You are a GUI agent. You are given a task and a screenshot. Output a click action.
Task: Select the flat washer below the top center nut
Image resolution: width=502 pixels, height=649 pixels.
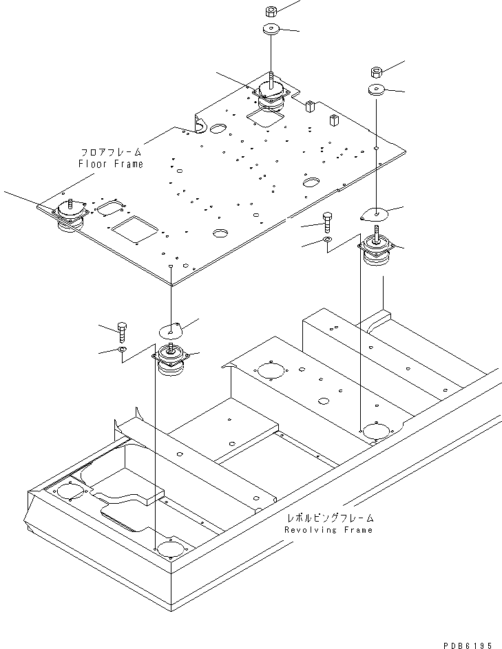(x=271, y=30)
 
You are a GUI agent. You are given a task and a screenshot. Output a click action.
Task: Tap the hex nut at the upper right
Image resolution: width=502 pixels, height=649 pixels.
(x=377, y=72)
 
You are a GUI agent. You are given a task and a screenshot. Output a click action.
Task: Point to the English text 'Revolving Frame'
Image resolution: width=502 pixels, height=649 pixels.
(x=328, y=530)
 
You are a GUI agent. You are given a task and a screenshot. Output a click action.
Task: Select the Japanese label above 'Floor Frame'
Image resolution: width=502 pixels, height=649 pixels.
(x=111, y=151)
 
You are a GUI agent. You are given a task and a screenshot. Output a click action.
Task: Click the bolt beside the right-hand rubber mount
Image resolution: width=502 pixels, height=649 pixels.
(x=327, y=222)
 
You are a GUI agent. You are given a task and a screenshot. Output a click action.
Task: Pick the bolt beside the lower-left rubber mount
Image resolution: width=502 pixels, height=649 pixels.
(x=122, y=332)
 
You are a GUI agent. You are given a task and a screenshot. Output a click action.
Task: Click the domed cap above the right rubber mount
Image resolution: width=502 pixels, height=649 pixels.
(x=375, y=214)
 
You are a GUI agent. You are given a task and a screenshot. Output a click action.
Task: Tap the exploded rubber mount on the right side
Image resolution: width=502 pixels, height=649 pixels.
(x=377, y=252)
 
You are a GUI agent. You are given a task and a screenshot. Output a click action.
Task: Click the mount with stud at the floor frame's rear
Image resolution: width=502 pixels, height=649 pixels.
(x=272, y=92)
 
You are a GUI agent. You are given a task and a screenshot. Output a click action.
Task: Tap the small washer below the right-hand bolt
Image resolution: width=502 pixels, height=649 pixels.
(x=327, y=240)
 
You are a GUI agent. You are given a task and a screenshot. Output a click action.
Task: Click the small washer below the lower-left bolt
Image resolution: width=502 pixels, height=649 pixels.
(x=121, y=350)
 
